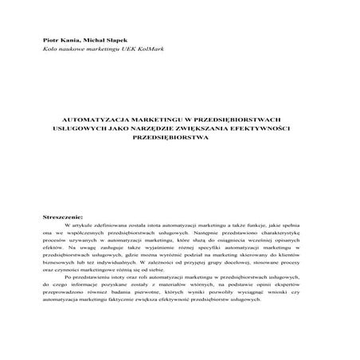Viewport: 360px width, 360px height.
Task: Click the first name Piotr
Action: pos(51,38)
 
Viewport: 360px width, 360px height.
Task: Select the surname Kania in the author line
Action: pos(70,38)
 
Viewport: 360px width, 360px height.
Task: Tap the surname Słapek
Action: pos(115,38)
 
